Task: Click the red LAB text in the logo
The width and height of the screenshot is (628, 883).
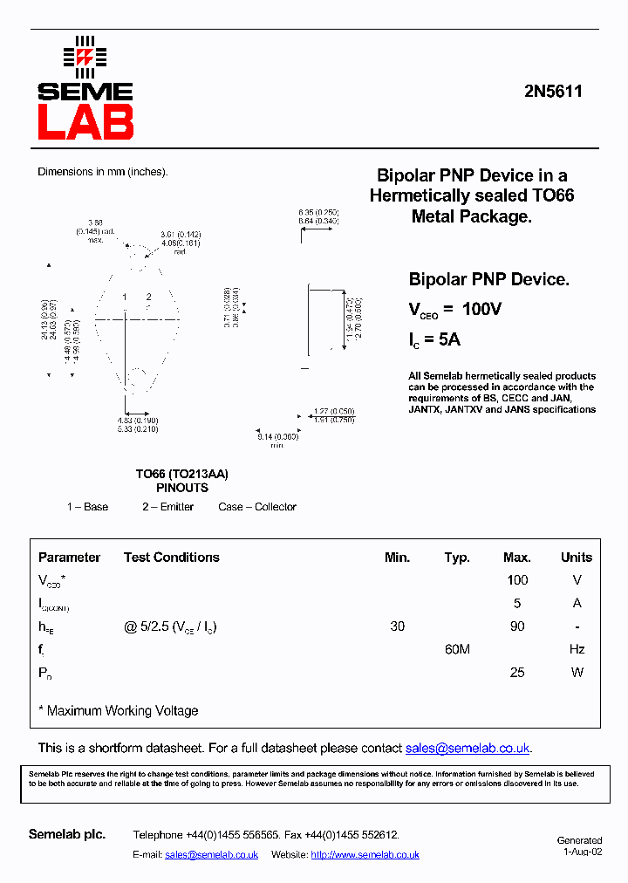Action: pos(85,122)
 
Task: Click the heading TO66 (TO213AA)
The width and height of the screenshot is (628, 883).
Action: pos(181,474)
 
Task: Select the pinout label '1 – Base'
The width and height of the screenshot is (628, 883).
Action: pos(87,507)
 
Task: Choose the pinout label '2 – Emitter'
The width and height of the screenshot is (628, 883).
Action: pos(168,507)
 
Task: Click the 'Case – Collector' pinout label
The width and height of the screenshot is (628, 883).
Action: pos(257,507)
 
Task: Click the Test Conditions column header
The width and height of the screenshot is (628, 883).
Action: pos(171,558)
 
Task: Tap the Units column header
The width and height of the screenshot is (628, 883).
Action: pos(576,558)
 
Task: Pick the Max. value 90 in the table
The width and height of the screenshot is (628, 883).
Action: pos(517,626)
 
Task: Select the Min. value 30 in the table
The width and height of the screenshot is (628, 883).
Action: pos(397,626)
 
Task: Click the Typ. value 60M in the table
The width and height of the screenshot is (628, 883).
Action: pos(457,649)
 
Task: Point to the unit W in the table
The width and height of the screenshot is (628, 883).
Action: pos(576,673)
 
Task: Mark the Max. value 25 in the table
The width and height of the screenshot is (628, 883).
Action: pos(517,673)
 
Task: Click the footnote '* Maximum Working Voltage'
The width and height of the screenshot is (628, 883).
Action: pos(119,711)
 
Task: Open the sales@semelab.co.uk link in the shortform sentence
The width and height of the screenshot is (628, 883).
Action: pos(468,749)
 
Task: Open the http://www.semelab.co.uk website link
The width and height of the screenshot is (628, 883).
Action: pos(365,855)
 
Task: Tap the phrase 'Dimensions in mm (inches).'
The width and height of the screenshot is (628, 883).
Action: pos(102,172)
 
